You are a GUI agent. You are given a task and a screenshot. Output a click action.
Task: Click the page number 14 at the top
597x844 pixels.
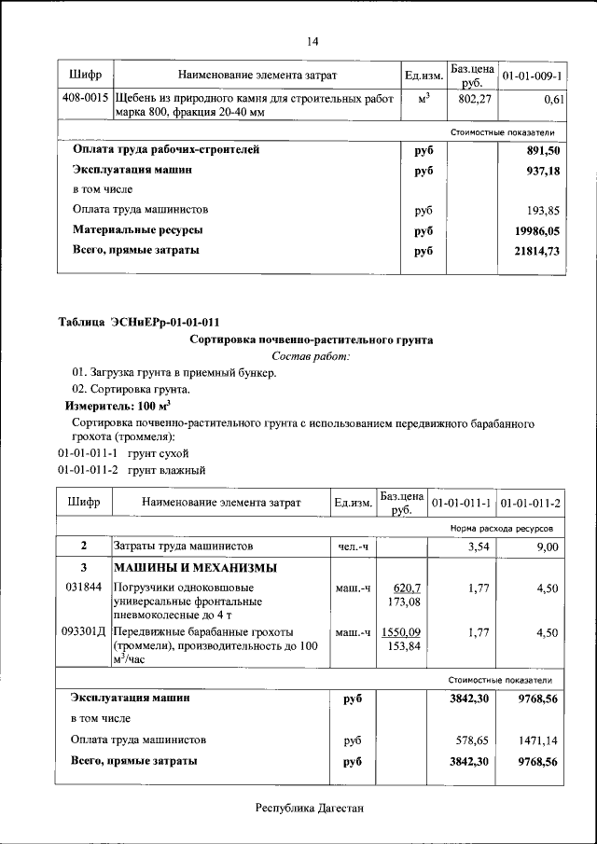[x=312, y=42]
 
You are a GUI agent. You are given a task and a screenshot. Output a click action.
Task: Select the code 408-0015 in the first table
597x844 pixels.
[x=85, y=98]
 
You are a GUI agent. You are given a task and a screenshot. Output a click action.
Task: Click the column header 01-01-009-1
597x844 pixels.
[x=532, y=75]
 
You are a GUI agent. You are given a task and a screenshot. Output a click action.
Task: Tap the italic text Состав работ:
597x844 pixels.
[x=311, y=356]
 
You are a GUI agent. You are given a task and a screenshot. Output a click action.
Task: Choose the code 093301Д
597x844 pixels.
[x=86, y=632]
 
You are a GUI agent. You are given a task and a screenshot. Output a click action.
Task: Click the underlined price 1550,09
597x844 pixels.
[x=401, y=632]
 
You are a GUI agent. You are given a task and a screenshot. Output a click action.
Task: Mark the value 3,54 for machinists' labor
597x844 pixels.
[x=477, y=547]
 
